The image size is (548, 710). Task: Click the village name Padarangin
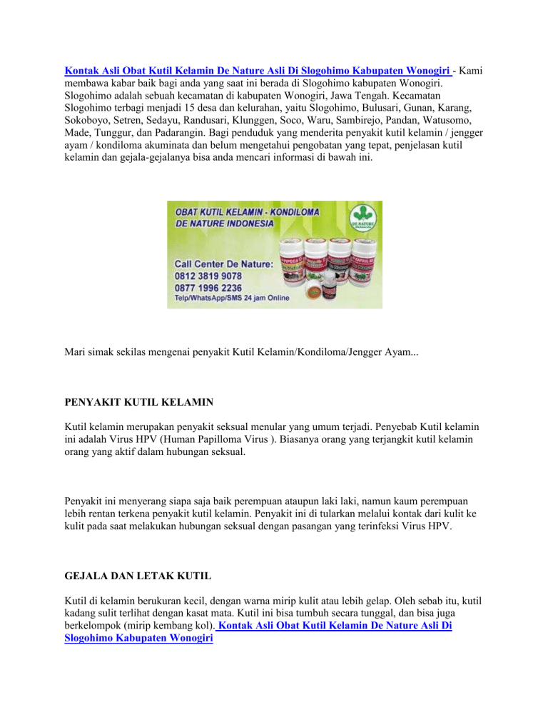tap(175, 134)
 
